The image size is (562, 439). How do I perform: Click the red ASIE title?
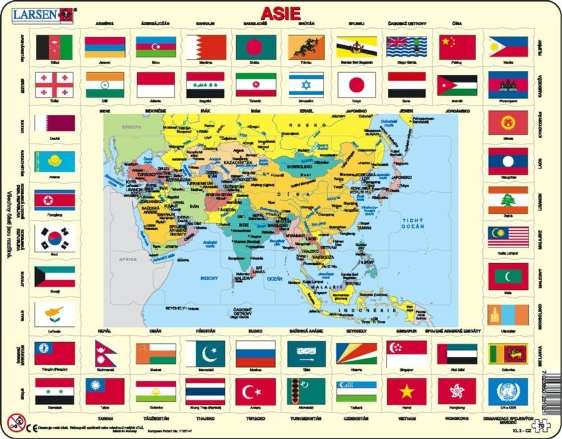click(281, 13)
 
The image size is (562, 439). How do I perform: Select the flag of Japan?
click(357, 85)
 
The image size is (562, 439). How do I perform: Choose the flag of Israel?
click(306, 85)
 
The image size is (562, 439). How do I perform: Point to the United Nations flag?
click(508, 391)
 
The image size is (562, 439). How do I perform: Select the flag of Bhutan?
click(306, 47)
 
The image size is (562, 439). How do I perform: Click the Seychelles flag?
click(357, 353)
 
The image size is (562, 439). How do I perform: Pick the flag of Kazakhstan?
click(54, 162)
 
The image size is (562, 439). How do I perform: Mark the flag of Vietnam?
click(406, 391)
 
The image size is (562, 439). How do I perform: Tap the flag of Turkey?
click(255, 391)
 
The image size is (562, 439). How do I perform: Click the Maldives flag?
click(508, 276)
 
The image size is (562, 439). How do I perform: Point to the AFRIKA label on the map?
click(126, 258)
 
